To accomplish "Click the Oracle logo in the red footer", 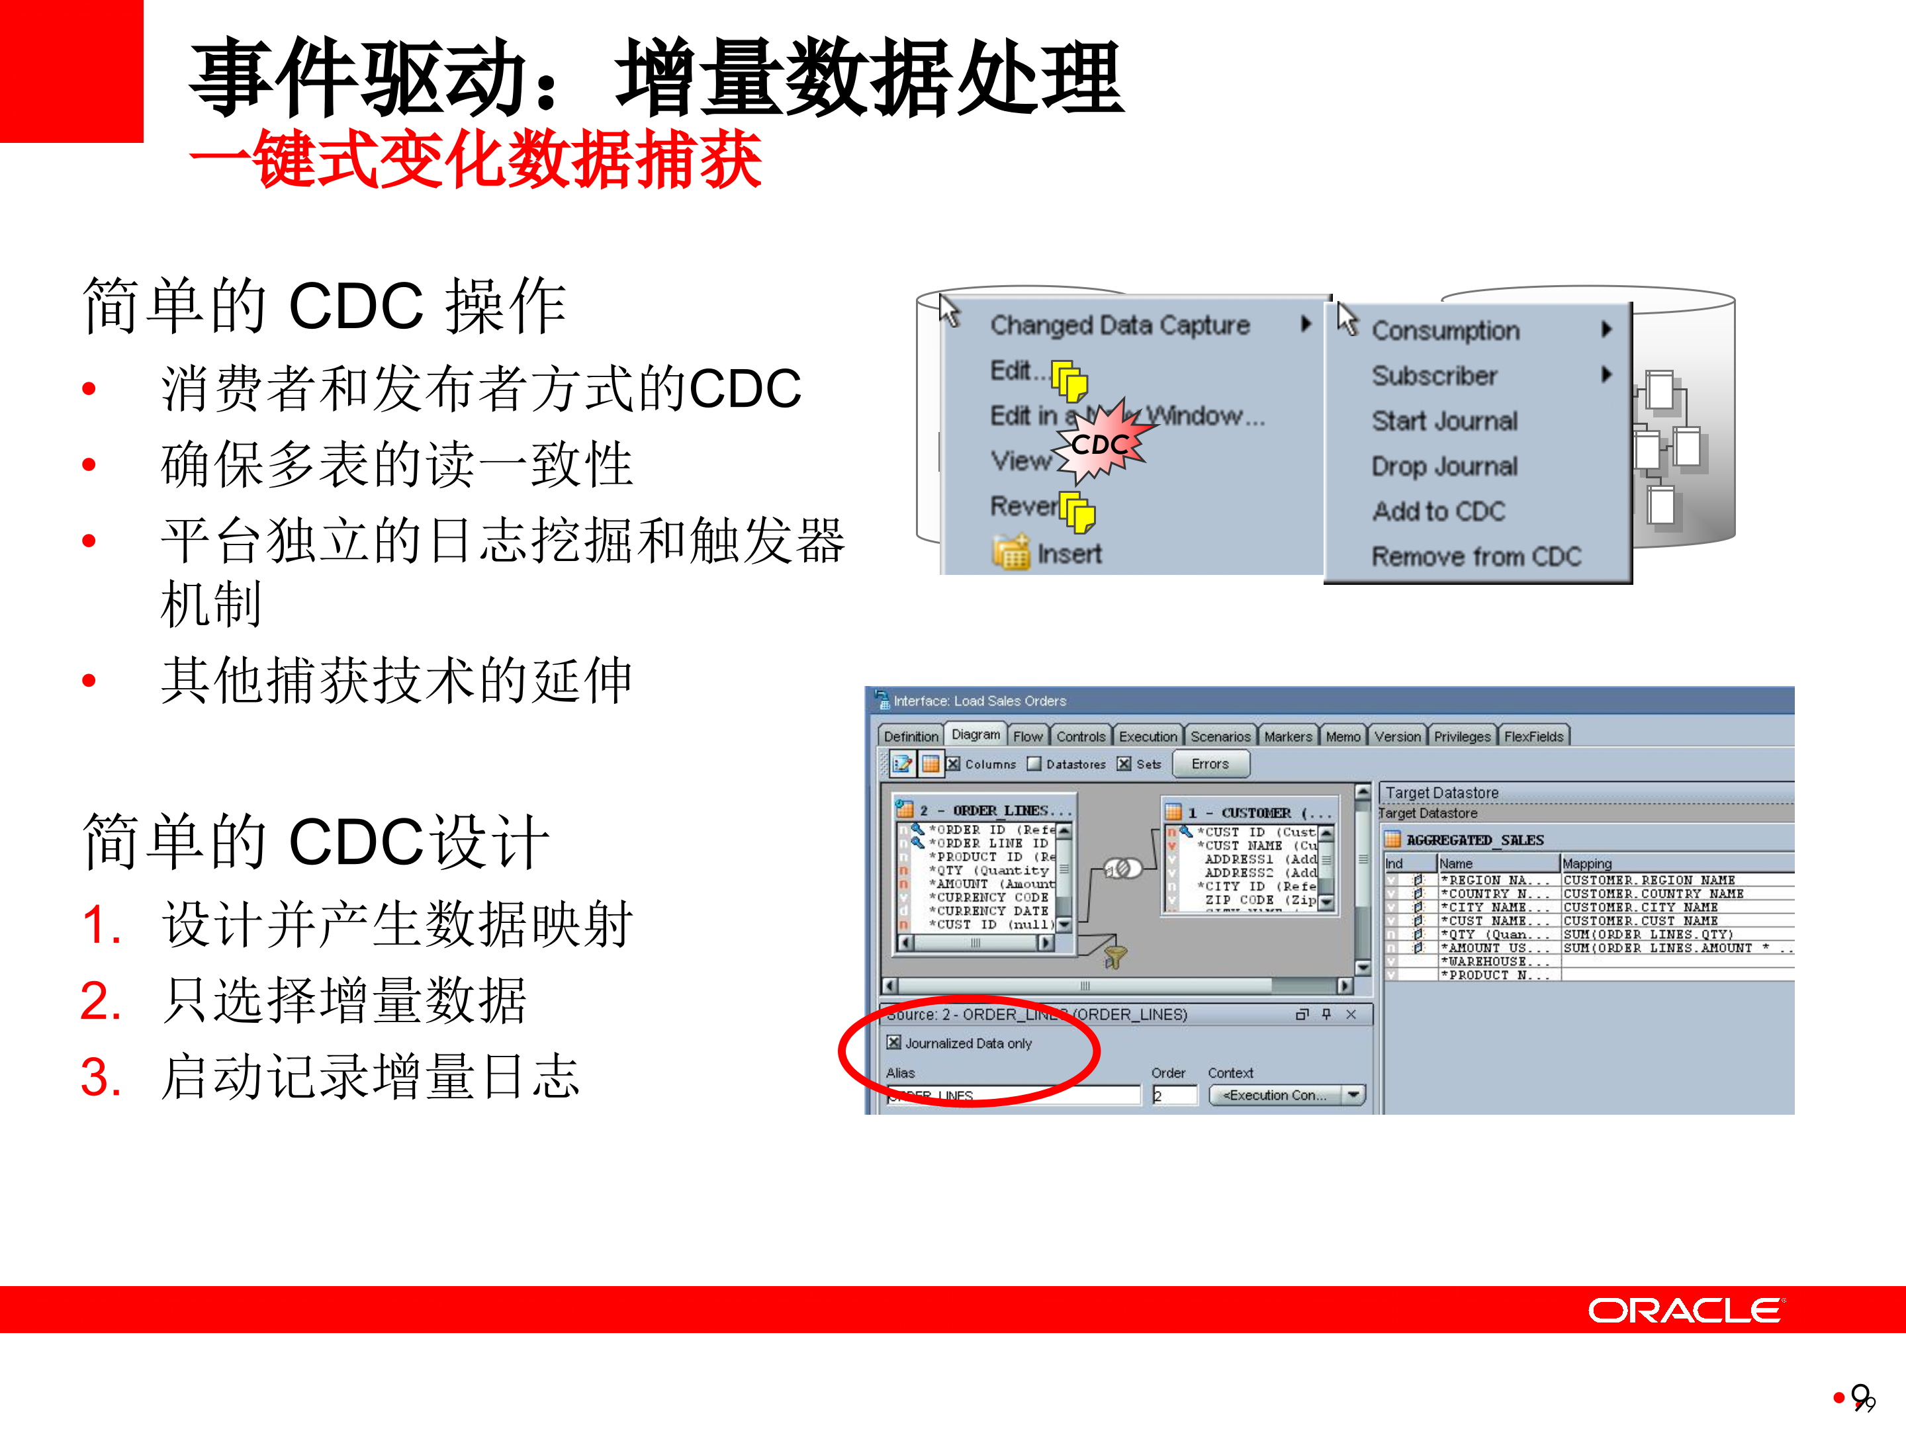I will pos(1686,1310).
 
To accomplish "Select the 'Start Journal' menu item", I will pos(1444,421).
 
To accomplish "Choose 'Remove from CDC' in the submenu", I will pos(1476,556).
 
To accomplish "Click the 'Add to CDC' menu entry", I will pos(1438,511).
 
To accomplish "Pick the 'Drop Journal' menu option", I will pos(1444,466).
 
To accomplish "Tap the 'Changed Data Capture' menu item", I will pos(1119,325).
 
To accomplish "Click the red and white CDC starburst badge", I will pos(1101,443).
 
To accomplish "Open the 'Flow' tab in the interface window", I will pos(1027,736).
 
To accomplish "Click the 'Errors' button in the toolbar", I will pos(1209,764).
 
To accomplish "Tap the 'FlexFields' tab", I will pos(1533,736).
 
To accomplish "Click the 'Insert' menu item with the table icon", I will pos(1068,554).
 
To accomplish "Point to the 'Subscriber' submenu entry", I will pos(1434,376).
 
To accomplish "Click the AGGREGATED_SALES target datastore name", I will pos(1475,840).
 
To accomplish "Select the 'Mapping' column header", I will pos(1586,863).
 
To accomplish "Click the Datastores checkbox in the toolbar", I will pos(1034,764).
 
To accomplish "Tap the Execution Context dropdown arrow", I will pos(1353,1095).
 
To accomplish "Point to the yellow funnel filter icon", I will pos(1115,956).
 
